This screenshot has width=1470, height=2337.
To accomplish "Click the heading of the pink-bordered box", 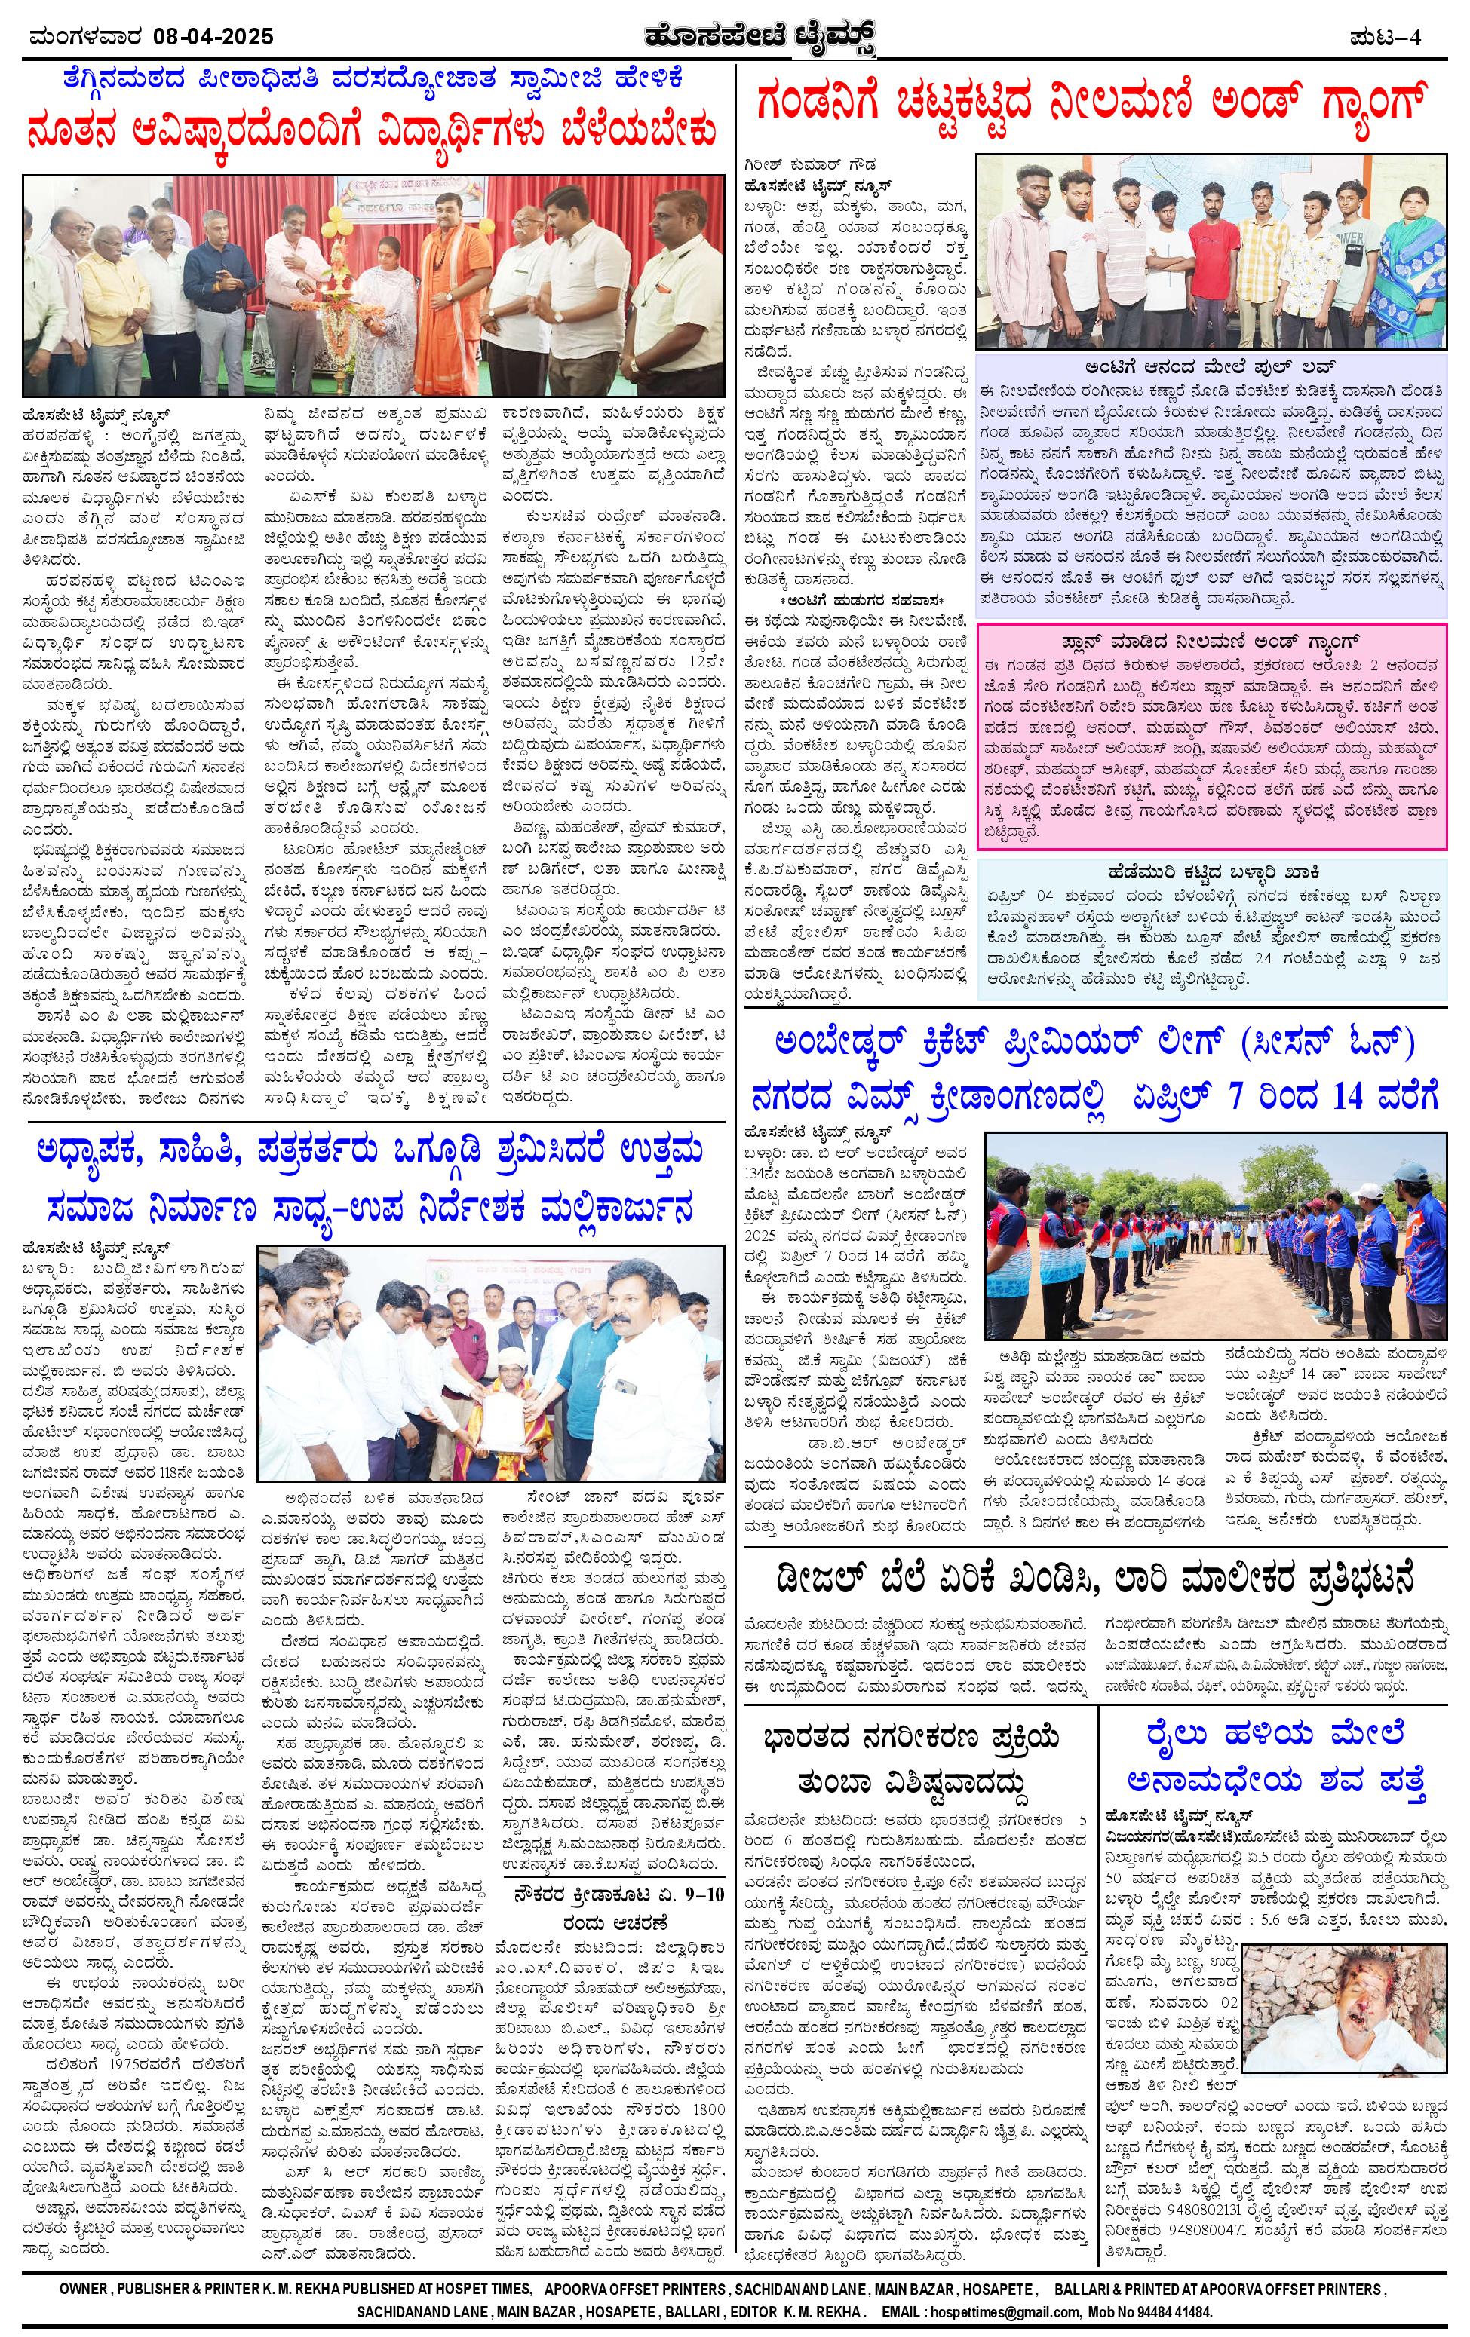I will click(1211, 642).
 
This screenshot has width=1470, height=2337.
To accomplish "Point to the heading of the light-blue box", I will click(1211, 872).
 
